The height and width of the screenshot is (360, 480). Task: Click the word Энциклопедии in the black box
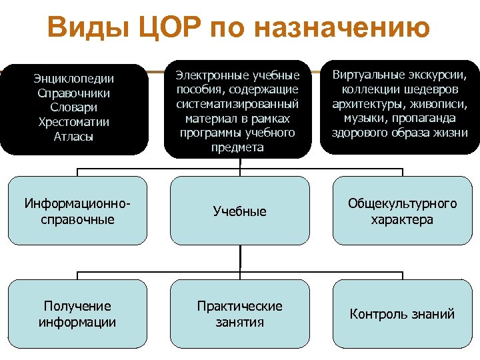pos(74,79)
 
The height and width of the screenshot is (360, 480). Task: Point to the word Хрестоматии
pos(74,122)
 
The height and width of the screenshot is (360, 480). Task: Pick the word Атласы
pos(74,137)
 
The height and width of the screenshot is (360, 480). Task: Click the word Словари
pos(74,107)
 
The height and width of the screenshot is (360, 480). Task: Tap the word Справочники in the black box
pos(74,93)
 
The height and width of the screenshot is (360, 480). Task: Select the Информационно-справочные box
pos(77,211)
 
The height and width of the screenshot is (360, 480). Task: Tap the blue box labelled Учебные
pos(239,211)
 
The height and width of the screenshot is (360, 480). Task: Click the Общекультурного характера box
pos(402,211)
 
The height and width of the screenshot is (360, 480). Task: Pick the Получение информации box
pos(77,314)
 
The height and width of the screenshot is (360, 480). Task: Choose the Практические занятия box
pos(239,314)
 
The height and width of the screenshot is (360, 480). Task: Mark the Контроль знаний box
pos(402,314)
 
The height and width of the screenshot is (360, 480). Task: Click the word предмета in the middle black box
pos(238,147)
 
